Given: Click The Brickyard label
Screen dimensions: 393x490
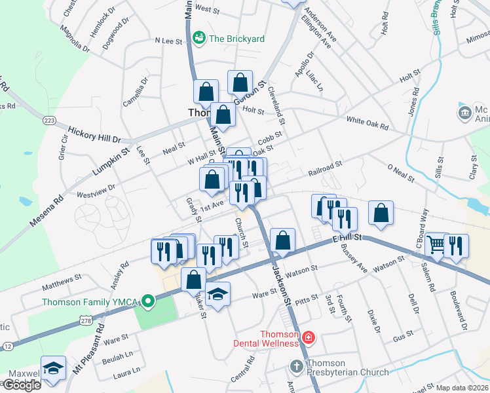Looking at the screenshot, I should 236,39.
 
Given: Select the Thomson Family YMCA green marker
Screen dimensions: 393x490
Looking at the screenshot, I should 149,302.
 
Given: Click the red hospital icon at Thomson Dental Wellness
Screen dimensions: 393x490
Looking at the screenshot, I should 308,339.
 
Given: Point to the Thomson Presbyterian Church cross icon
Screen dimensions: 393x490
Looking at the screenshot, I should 295,365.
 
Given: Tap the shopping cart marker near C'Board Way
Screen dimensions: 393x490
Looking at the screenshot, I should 436,245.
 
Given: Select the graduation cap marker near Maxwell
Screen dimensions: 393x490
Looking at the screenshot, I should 53,368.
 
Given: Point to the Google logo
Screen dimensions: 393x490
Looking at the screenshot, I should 22,384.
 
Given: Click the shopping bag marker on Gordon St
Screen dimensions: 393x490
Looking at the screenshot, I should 240,83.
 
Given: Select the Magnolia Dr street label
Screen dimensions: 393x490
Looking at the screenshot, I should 73,38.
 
